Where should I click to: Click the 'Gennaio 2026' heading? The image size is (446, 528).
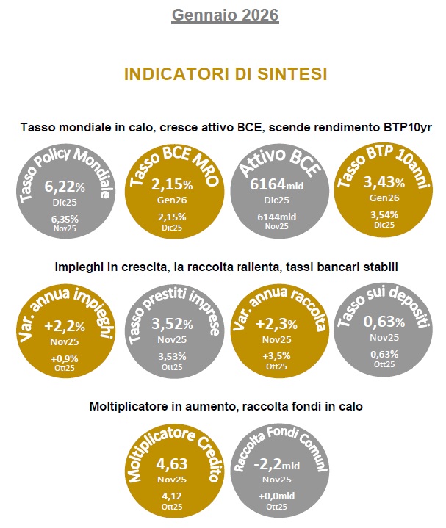coord(226,15)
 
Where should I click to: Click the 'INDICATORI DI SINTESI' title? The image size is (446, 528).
coord(226,74)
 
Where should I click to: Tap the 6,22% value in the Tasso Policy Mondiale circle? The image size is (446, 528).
coord(65,187)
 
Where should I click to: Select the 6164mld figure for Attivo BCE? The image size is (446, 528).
coord(276,184)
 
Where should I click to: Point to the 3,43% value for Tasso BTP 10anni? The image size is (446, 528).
coord(384,182)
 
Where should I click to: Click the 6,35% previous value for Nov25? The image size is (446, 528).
coord(65,220)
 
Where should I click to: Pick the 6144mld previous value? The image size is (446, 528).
coord(276,217)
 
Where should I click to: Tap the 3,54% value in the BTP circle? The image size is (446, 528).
coord(384,215)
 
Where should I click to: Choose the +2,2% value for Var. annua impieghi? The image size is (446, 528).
coord(65,326)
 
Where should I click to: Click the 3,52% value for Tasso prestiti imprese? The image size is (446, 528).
coord(172,324)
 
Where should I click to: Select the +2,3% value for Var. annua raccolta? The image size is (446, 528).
coord(276,324)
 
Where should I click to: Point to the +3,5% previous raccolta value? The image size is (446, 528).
coord(276,356)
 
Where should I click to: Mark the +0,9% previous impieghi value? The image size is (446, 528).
coord(65,358)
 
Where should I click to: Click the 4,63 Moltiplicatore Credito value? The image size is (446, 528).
coord(172,463)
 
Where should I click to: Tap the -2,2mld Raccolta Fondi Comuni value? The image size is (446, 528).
coord(276,464)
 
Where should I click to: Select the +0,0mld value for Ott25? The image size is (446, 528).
coord(276,496)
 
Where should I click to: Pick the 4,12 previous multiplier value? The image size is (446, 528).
coord(172,496)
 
